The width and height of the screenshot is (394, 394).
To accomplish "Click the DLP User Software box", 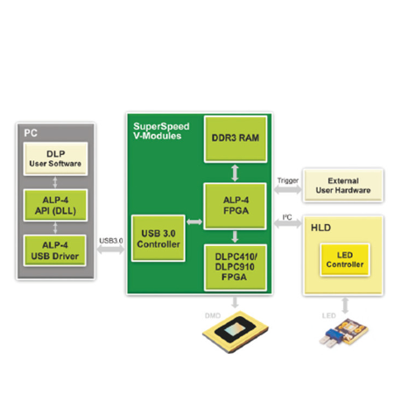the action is click(x=55, y=158).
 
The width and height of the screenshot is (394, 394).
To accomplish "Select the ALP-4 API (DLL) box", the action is click(x=55, y=205).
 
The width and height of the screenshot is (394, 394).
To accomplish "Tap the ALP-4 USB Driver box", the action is click(x=55, y=250).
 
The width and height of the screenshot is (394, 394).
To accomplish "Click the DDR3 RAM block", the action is click(x=236, y=139).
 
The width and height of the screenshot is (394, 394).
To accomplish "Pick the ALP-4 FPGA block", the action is click(x=236, y=206).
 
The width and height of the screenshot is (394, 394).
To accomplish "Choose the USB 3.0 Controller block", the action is click(x=158, y=238).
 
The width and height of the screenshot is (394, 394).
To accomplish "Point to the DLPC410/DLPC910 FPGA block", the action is click(x=236, y=267).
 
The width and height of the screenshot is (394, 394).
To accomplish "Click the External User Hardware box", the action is click(x=343, y=186).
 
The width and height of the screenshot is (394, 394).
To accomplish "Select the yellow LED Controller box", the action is click(x=345, y=259).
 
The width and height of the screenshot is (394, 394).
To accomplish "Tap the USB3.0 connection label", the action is click(x=111, y=241).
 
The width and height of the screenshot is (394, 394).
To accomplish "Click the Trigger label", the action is click(x=288, y=180).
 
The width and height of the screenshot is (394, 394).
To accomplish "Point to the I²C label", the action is click(x=287, y=217).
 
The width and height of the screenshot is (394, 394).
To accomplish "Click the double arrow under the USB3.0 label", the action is click(x=110, y=250).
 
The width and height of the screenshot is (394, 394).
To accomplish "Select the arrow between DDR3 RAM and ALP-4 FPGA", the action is click(x=235, y=172).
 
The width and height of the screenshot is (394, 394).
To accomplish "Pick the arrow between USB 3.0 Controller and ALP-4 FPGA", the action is click(x=194, y=222).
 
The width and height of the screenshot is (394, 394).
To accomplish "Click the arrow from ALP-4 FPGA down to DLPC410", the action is click(x=235, y=236).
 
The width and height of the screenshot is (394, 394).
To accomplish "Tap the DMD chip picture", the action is click(x=236, y=332).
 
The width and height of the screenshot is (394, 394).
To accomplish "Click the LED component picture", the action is click(x=344, y=333).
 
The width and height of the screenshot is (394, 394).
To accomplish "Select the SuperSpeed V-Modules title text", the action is click(x=161, y=131).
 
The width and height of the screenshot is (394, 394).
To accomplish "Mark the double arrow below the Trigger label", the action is click(x=288, y=190).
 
